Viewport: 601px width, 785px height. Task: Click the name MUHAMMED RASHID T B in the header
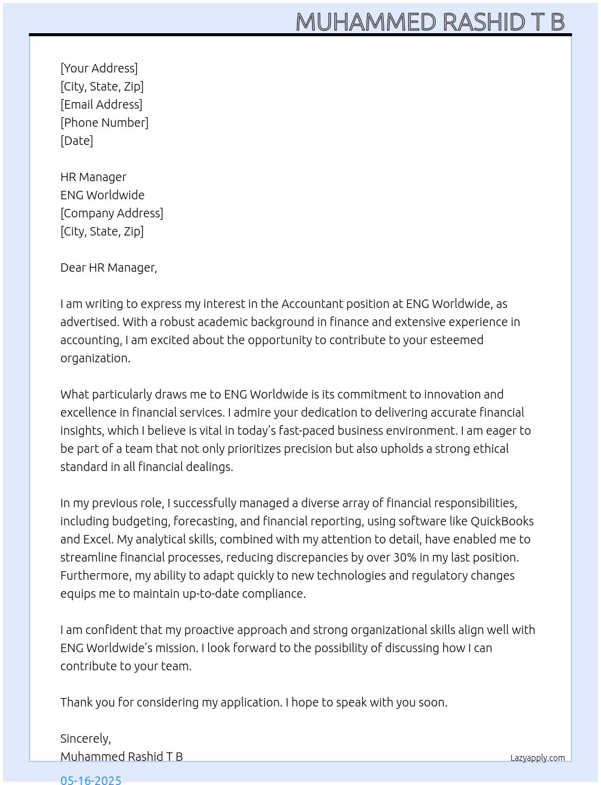pos(430,22)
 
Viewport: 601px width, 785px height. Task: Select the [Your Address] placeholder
pos(99,68)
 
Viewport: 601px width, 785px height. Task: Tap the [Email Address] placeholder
pos(101,104)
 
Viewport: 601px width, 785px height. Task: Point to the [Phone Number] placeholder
pos(104,123)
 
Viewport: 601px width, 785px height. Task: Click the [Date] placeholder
pos(77,141)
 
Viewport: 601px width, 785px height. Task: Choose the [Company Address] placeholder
pos(112,213)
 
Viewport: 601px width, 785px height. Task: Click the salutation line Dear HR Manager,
pos(109,268)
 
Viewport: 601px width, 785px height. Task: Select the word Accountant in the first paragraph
pos(312,304)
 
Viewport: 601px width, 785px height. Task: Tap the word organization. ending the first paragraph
pos(95,358)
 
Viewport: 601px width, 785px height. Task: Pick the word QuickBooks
pos(502,521)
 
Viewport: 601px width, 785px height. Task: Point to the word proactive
pos(209,630)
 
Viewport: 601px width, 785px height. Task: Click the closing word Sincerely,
pos(86,739)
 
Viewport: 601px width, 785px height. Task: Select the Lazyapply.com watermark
pos(538,758)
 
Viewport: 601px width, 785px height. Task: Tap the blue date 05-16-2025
pos(91,780)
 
